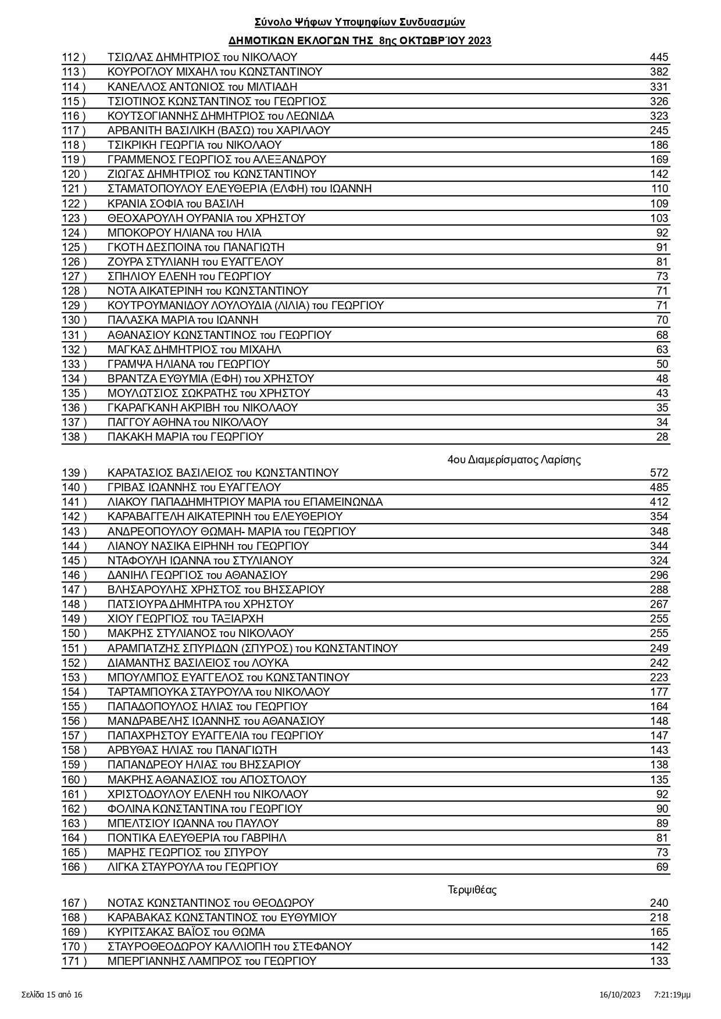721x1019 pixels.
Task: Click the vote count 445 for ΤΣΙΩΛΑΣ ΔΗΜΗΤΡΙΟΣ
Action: point(659,58)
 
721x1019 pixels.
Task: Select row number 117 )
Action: point(74,131)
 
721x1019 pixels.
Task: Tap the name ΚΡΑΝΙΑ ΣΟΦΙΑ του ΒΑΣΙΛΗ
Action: point(176,204)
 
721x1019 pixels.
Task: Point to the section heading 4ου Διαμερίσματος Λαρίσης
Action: point(514,460)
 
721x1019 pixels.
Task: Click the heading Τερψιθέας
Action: point(472,890)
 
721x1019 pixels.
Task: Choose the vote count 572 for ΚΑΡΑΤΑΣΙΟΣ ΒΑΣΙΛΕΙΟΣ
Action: point(659,473)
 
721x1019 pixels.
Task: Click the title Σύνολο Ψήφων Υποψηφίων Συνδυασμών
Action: point(360,23)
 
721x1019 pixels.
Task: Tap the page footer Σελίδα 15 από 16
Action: point(52,995)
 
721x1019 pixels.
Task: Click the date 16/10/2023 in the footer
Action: point(620,995)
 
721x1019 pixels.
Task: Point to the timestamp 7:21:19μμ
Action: point(672,995)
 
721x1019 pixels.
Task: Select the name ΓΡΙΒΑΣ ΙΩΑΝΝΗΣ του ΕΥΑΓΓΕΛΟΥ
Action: point(194,488)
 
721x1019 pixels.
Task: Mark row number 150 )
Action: point(74,634)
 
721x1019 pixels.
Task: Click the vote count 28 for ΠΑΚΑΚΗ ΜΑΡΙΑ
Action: point(662,437)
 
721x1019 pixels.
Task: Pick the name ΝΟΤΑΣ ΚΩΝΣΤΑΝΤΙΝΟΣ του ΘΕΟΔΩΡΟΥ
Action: point(210,903)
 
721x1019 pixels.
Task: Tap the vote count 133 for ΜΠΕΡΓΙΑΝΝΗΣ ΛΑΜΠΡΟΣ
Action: point(659,961)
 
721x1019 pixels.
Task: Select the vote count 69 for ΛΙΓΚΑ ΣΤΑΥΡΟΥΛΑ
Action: point(662,867)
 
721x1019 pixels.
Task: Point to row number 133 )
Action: point(74,364)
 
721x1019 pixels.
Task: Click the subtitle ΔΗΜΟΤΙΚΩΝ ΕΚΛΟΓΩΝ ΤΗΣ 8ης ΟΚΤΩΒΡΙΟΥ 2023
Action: point(360,41)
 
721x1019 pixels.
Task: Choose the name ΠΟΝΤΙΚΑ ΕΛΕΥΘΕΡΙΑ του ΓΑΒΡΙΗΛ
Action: point(197,838)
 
